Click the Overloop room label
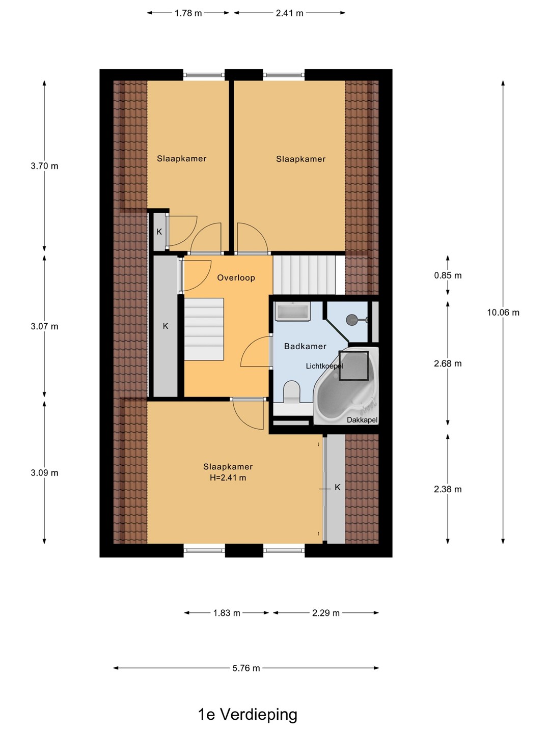click(x=236, y=277)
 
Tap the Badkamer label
click(x=305, y=346)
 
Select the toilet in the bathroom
click(x=291, y=391)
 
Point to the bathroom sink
click(x=292, y=311)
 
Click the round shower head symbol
click(x=351, y=320)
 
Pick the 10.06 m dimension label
click(x=503, y=312)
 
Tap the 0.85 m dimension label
click(x=448, y=275)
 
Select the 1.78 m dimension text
click(x=188, y=13)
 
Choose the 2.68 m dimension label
click(x=448, y=363)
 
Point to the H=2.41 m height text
click(x=228, y=477)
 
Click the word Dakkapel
click(x=362, y=420)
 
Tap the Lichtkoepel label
click(x=324, y=366)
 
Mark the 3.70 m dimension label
click(x=44, y=165)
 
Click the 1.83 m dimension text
click(x=227, y=613)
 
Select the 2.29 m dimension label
click(x=325, y=613)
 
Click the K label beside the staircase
click(x=166, y=326)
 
